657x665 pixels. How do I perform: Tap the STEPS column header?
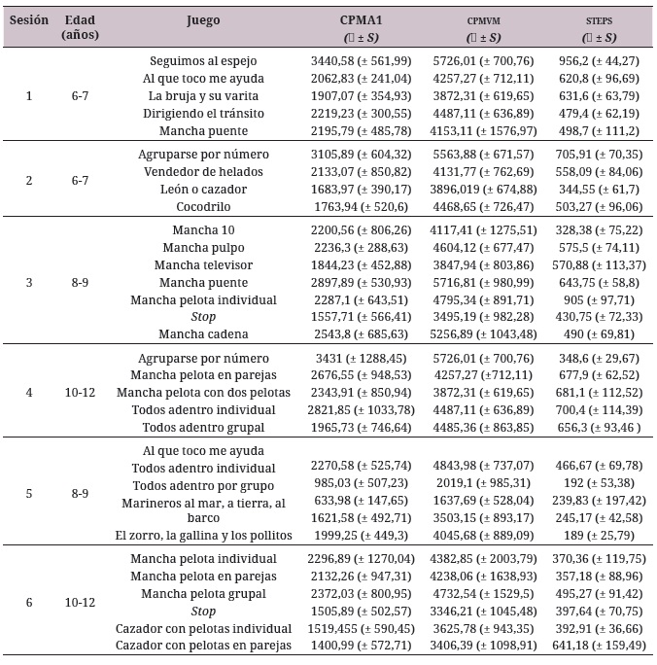(x=597, y=20)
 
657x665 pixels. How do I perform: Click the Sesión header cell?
(x=29, y=19)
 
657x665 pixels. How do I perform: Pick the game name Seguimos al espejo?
(x=203, y=60)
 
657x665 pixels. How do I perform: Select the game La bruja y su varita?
(x=203, y=95)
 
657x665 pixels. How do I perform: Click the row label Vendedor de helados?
(x=203, y=171)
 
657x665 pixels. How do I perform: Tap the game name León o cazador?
(x=203, y=189)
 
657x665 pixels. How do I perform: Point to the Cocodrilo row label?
(x=203, y=206)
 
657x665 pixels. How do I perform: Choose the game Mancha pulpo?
(x=203, y=248)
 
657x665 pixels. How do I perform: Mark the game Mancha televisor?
(x=203, y=265)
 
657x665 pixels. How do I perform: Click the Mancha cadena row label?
(x=203, y=334)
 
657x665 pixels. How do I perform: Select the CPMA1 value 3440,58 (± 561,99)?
(x=361, y=60)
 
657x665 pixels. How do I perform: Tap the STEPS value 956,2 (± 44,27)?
(x=597, y=60)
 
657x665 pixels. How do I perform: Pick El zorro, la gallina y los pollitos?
(x=203, y=536)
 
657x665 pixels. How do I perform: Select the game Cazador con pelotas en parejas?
(x=203, y=646)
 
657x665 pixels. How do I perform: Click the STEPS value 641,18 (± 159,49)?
(x=597, y=646)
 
